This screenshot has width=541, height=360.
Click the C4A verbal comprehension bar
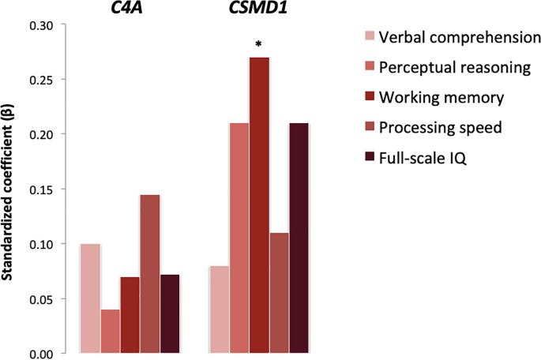click(90, 298)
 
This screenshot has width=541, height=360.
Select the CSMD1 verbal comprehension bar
click(220, 309)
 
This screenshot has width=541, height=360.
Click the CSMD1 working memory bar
click(259, 205)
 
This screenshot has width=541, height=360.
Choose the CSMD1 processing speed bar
click(279, 293)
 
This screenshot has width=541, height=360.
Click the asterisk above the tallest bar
click(258, 46)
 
